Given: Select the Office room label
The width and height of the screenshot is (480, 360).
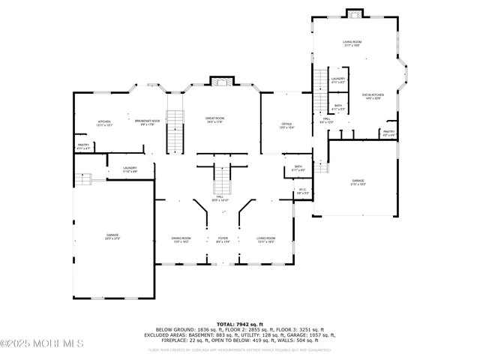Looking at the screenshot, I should tap(286, 125).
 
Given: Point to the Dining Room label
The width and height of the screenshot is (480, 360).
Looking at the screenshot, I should tap(181, 239).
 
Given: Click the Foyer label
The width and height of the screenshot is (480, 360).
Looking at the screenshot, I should tap(223, 239).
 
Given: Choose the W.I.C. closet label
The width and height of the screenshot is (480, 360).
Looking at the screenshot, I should tap(303, 190).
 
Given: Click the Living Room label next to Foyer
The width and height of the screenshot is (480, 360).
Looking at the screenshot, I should tap(265, 239).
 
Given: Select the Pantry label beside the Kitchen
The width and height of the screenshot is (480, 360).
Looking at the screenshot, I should tap(82, 146).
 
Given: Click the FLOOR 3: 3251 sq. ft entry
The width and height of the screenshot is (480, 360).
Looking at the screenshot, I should tap(301, 329).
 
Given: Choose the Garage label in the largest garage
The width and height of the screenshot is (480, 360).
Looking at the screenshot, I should tap(112, 236).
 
